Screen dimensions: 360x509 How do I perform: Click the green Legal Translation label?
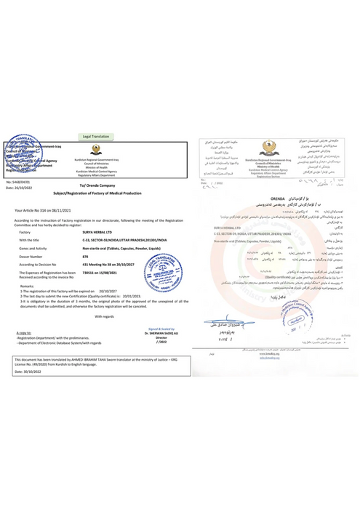tap(96, 137)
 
